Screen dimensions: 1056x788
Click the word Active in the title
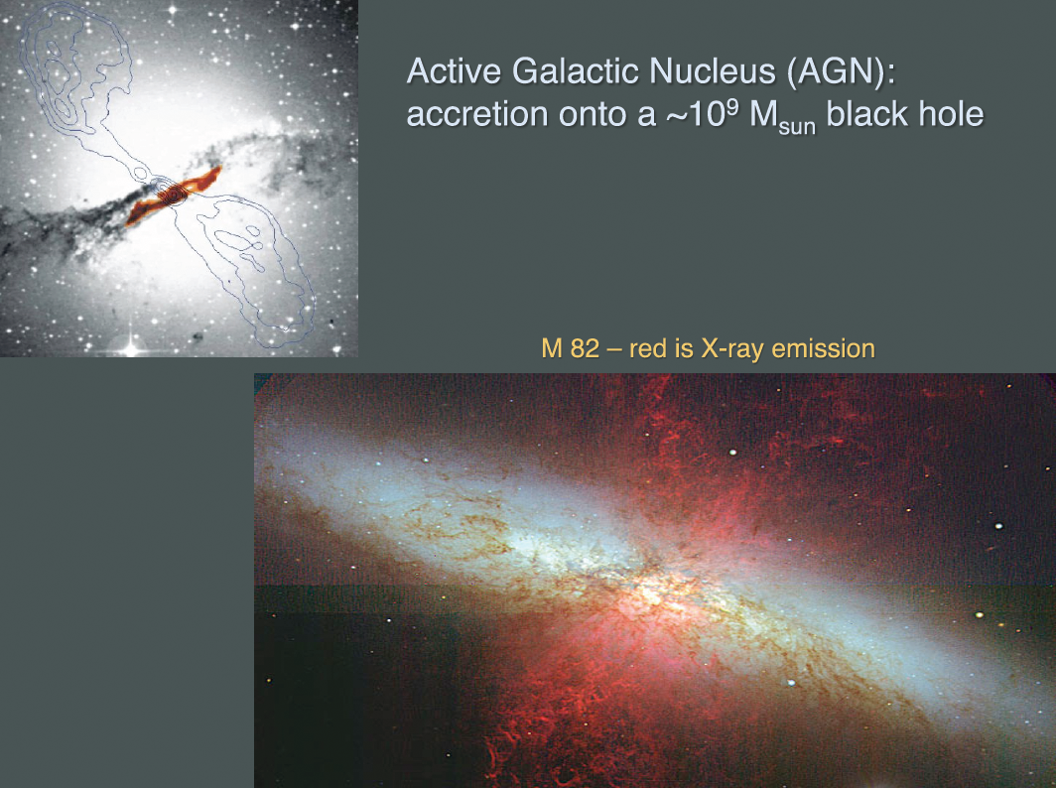(455, 70)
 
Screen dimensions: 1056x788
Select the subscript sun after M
(797, 126)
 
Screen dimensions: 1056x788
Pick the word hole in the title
(951, 113)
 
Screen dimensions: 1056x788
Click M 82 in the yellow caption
(570, 348)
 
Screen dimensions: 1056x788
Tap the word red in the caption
(645, 348)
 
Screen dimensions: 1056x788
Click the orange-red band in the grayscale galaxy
(174, 196)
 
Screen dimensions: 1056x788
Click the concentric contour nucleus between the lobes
(174, 195)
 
